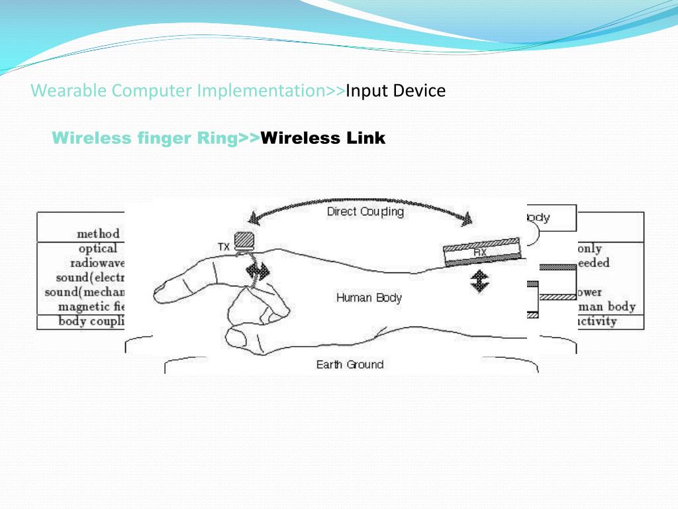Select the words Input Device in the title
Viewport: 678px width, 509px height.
pyautogui.click(x=396, y=90)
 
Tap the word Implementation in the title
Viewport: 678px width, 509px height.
pyautogui.click(x=258, y=90)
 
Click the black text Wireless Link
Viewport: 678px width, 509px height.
pyautogui.click(x=323, y=138)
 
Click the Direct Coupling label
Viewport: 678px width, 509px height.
pyautogui.click(x=365, y=212)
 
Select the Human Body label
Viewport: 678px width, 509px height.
pyautogui.click(x=369, y=298)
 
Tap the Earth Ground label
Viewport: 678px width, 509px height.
pyautogui.click(x=350, y=365)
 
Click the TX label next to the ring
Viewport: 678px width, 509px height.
pyautogui.click(x=224, y=247)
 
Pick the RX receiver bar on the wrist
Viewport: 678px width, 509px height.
pyautogui.click(x=481, y=253)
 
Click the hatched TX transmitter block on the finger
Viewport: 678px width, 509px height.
pyautogui.click(x=244, y=237)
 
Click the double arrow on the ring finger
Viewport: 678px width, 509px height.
pyautogui.click(x=257, y=272)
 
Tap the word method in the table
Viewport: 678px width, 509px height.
pyautogui.click(x=98, y=233)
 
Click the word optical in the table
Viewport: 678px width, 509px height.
pyautogui.click(x=98, y=249)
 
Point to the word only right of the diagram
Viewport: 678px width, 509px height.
pyautogui.click(x=589, y=249)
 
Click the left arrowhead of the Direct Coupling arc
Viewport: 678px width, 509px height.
pyautogui.click(x=253, y=216)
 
